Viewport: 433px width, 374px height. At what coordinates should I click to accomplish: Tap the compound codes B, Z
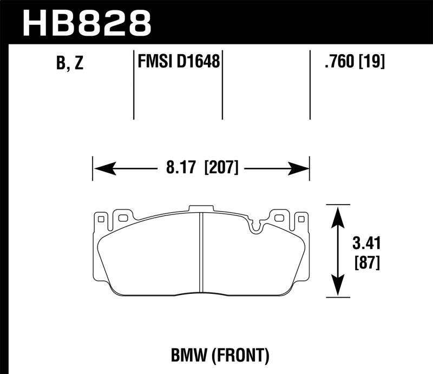[70, 63]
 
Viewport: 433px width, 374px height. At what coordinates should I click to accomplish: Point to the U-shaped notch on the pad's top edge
[256, 226]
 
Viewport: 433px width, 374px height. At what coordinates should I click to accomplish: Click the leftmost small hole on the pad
[100, 219]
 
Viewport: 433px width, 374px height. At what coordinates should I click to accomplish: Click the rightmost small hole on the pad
[301, 219]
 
